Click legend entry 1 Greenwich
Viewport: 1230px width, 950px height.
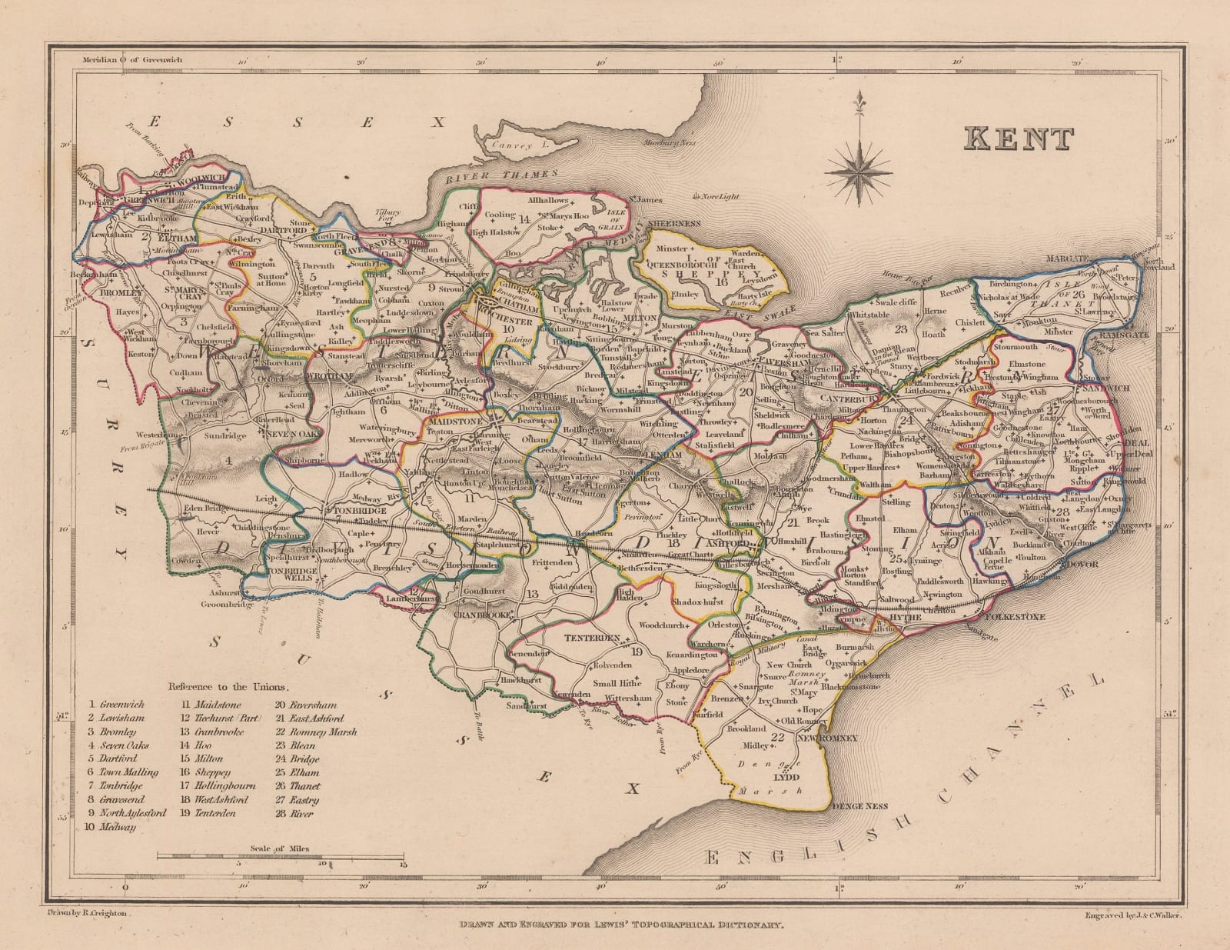118,704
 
